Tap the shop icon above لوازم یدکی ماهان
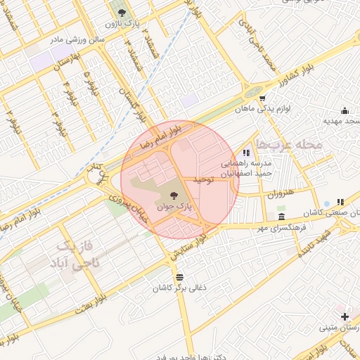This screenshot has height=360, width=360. coord(262,98)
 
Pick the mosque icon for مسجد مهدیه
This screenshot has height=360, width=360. coord(345,110)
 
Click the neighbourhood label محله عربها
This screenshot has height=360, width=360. coord(289,144)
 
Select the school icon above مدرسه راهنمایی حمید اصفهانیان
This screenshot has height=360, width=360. coord(246,152)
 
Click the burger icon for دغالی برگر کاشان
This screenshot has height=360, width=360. coord(180,276)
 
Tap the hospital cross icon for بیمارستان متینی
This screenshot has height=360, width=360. coord(344,316)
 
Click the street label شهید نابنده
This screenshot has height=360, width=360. coord(313,241)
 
